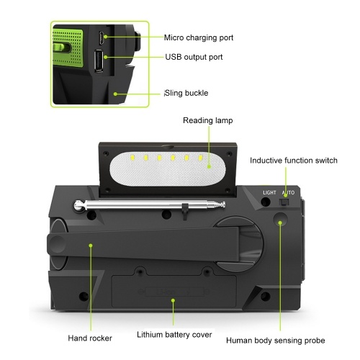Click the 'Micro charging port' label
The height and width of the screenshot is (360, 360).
pyautogui.click(x=199, y=37)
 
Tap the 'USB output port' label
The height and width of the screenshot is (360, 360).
pyautogui.click(x=194, y=57)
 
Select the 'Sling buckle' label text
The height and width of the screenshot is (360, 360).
pyautogui.click(x=186, y=93)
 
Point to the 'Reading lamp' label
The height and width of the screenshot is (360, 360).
pyautogui.click(x=208, y=120)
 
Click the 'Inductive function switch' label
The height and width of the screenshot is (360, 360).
pyautogui.click(x=294, y=161)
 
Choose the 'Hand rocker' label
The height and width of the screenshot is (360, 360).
pyautogui.click(x=90, y=338)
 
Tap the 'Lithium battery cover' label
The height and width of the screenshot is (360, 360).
pyautogui.click(x=174, y=335)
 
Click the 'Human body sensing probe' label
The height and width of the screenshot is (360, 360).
pyautogui.click(x=276, y=341)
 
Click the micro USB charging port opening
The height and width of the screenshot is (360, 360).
pyautogui.click(x=101, y=38)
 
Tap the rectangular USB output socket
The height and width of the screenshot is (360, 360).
pyautogui.click(x=99, y=60)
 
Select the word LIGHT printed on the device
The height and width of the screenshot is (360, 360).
pyautogui.click(x=269, y=193)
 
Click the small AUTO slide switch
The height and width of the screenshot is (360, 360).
pyautogui.click(x=284, y=202)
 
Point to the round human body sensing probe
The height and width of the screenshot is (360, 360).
pyautogui.click(x=280, y=220)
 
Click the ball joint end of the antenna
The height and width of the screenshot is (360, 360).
pyautogui.click(x=78, y=206)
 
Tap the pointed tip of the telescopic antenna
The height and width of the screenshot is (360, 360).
pyautogui.click(x=224, y=204)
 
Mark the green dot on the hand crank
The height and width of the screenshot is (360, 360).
pyautogui.click(x=91, y=246)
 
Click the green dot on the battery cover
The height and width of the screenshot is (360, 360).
pyautogui.click(x=173, y=300)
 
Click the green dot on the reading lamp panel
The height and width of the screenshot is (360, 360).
pyautogui.click(x=209, y=166)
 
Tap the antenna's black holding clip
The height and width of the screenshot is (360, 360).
pyautogui.click(x=184, y=211)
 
